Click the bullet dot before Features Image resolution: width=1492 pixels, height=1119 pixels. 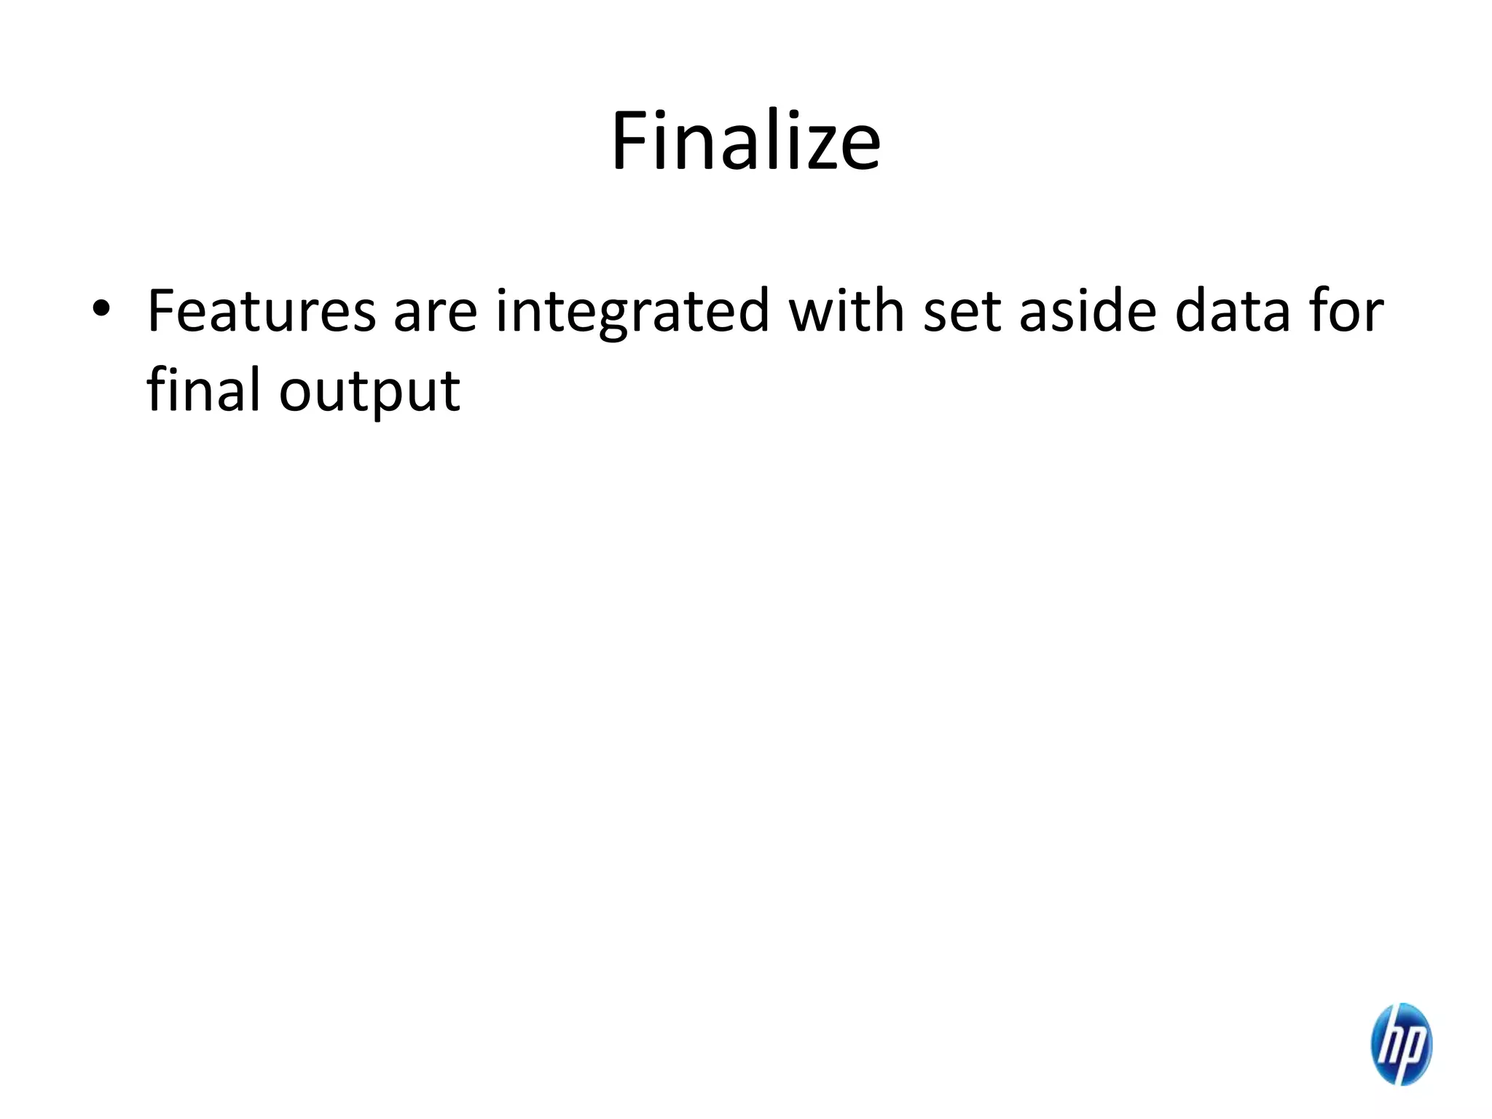[x=101, y=310]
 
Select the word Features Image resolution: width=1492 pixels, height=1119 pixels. [x=261, y=311]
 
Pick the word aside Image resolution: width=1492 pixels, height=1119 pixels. [x=1088, y=311]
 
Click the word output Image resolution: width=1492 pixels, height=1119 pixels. [x=369, y=393]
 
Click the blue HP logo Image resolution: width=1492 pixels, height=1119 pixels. [x=1401, y=1044]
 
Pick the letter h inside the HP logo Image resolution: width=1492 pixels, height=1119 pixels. [x=1389, y=1043]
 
